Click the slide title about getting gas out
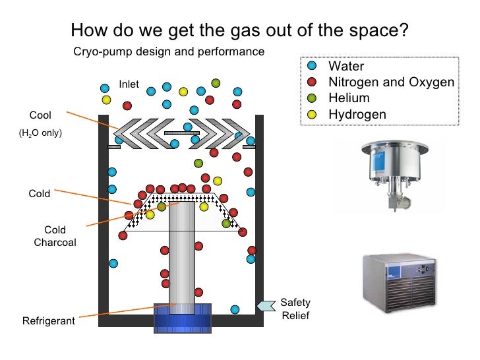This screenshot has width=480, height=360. pyautogui.click(x=239, y=31)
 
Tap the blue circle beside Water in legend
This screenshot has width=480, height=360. pyautogui.click(x=312, y=67)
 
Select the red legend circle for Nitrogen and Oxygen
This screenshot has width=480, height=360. pyautogui.click(x=312, y=82)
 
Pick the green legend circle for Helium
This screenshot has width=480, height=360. pyautogui.click(x=312, y=98)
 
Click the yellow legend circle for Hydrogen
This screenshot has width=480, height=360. pyautogui.click(x=312, y=114)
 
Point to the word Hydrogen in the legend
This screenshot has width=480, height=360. pyautogui.click(x=357, y=114)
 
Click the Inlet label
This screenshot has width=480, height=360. pyautogui.click(x=129, y=84)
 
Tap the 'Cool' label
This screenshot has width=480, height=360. pyautogui.click(x=40, y=116)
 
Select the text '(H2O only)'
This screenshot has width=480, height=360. pyautogui.click(x=40, y=133)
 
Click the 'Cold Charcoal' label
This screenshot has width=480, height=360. pyautogui.click(x=55, y=236)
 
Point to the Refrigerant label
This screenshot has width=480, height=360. pyautogui.click(x=49, y=322)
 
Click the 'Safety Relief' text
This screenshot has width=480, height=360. pyautogui.click(x=295, y=309)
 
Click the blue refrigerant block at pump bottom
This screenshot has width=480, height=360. pyautogui.click(x=182, y=318)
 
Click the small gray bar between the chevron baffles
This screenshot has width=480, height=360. pyautogui.click(x=181, y=133)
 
